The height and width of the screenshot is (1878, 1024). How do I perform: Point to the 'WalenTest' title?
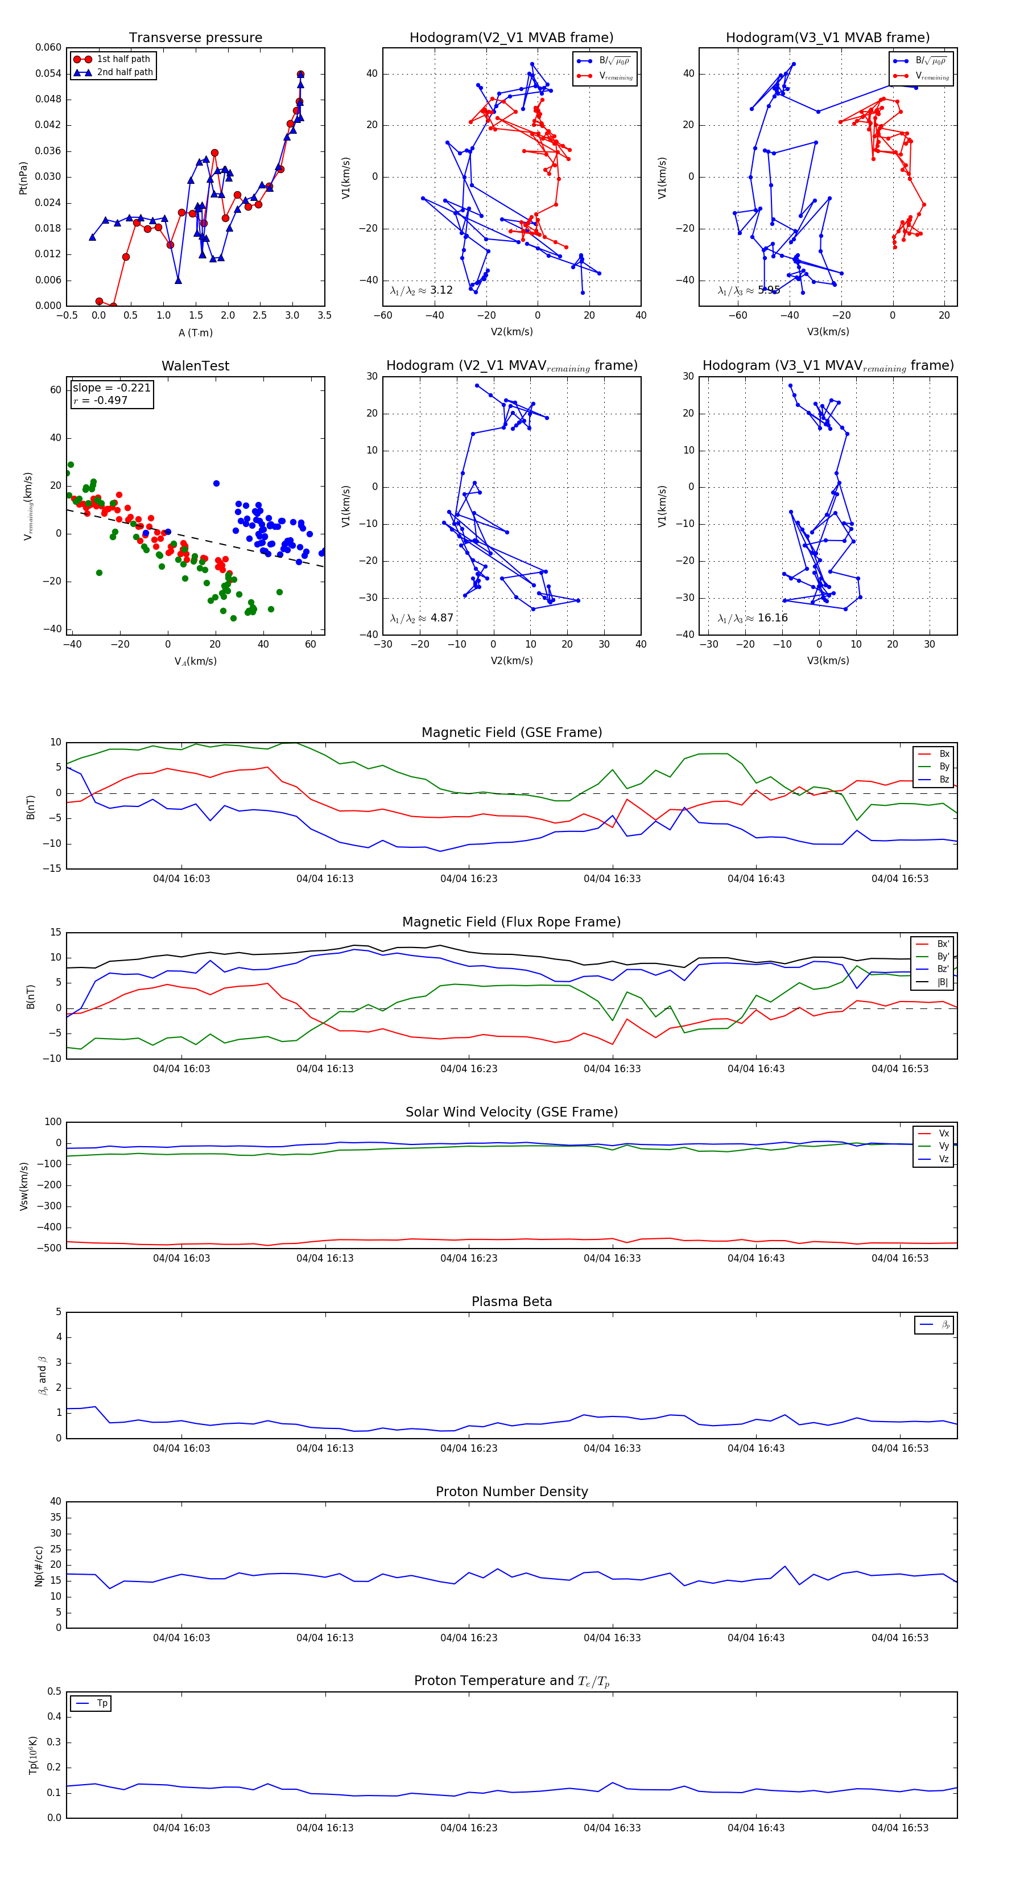[195, 366]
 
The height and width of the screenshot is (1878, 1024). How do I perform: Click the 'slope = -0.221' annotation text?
[112, 388]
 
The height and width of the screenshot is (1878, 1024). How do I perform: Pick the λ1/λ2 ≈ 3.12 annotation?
[421, 290]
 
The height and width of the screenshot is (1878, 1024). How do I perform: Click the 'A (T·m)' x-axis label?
[195, 333]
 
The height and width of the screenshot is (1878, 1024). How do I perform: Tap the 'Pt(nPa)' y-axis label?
[23, 177]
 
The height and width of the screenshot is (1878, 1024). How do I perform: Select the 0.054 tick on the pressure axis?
[48, 73]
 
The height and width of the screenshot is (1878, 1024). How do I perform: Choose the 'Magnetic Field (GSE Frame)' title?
[511, 732]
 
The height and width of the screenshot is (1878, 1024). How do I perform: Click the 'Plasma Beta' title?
[511, 1302]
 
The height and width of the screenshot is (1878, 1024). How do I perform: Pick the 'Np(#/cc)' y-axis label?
[39, 1566]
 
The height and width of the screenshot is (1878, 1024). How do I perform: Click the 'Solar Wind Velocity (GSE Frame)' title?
[511, 1112]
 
